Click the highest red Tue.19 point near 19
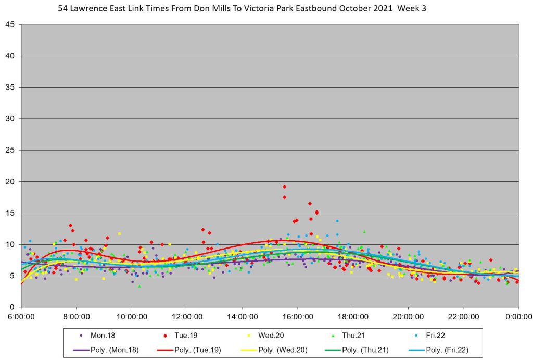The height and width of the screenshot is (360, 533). (284, 187)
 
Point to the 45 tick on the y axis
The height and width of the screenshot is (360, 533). (10, 24)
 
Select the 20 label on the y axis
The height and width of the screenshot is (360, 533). (10, 181)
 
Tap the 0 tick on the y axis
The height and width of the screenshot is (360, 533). (12, 307)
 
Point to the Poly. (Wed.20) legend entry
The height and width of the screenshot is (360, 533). (287, 350)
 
